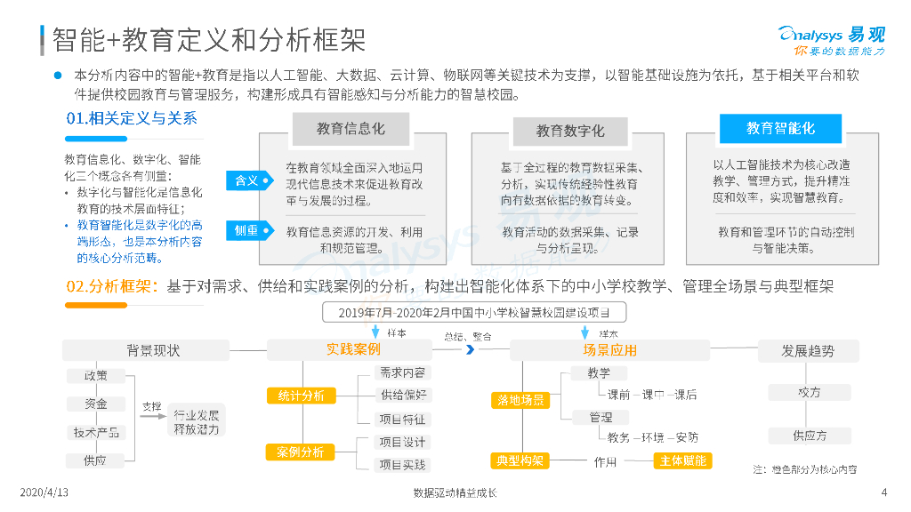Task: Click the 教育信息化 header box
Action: coord(351,129)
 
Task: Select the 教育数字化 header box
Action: coord(570,132)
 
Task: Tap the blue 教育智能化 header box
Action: coord(780,129)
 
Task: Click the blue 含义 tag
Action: coord(246,180)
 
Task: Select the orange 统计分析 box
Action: coord(294,396)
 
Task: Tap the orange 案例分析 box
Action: coord(294,452)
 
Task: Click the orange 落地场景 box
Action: coord(520,401)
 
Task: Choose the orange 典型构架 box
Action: coord(520,460)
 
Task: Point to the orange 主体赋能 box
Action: coord(682,460)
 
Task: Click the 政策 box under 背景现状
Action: coord(95,376)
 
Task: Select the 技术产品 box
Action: coord(95,432)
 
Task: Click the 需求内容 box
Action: coord(402,373)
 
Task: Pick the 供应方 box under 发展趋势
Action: coord(810,436)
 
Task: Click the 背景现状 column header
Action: coord(153,350)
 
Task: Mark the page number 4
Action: coord(883,492)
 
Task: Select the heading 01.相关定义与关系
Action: coord(132,118)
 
